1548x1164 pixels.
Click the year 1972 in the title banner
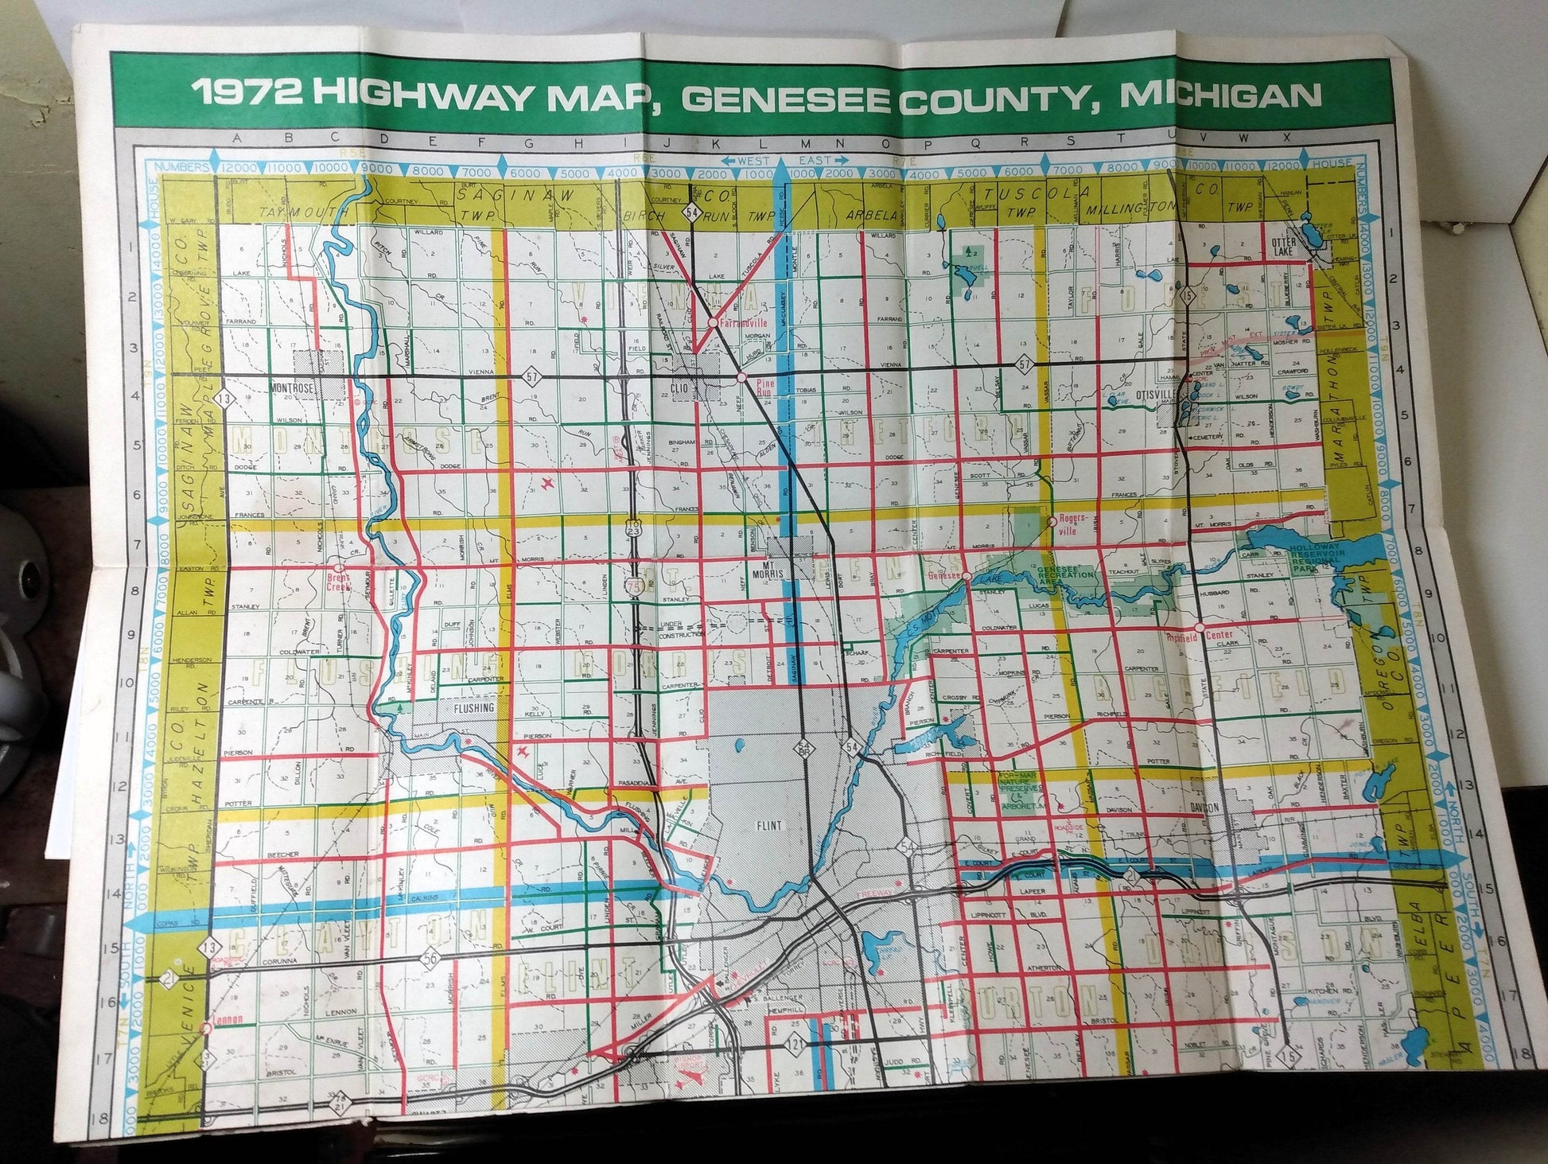click(x=245, y=95)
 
